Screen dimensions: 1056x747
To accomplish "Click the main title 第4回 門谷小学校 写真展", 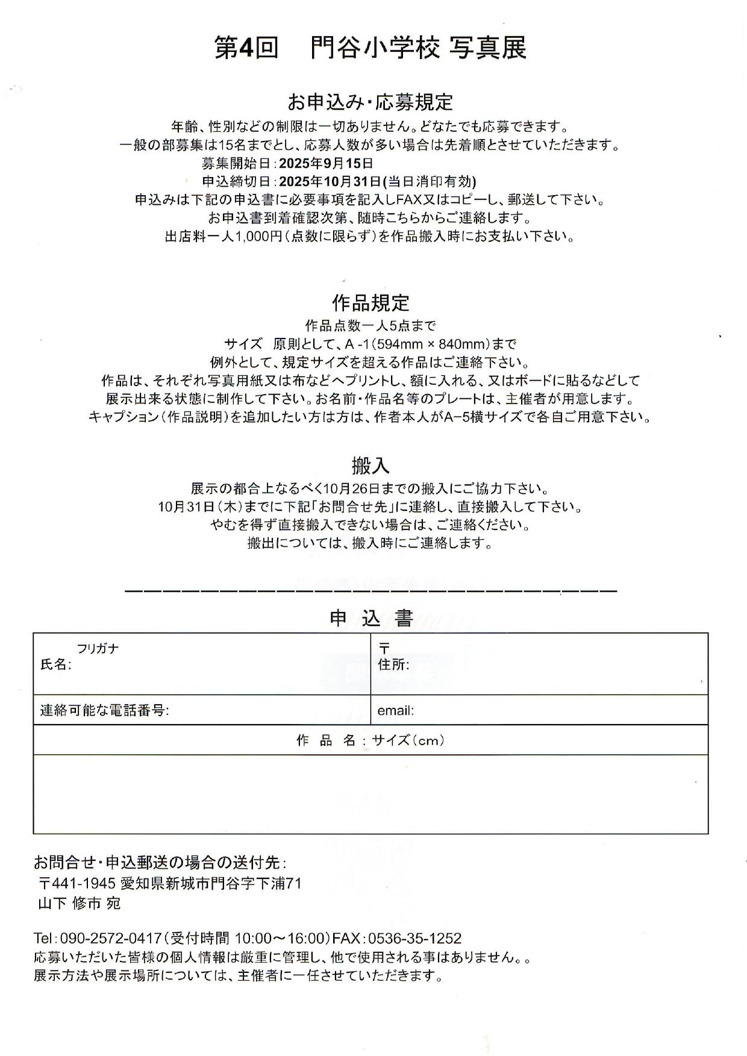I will pos(370,48).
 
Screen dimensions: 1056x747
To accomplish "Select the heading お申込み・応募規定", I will pos(370,102).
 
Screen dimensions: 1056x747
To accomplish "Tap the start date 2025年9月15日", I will pos(326,163).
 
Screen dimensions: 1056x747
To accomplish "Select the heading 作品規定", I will pos(370,302).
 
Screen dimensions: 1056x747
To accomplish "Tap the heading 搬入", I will pos(370,465).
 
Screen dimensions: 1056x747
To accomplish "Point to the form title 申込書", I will pos(370,619).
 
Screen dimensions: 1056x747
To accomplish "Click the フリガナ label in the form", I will pos(98,649).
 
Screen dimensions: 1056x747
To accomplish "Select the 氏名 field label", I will pos(55,665).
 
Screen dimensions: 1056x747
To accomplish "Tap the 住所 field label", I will pos(393,665).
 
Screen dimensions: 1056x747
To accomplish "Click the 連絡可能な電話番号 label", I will pos(104,711).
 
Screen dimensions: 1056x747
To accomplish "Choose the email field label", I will pos(395,711).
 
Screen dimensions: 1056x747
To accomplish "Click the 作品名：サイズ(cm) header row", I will pos(370,741).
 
